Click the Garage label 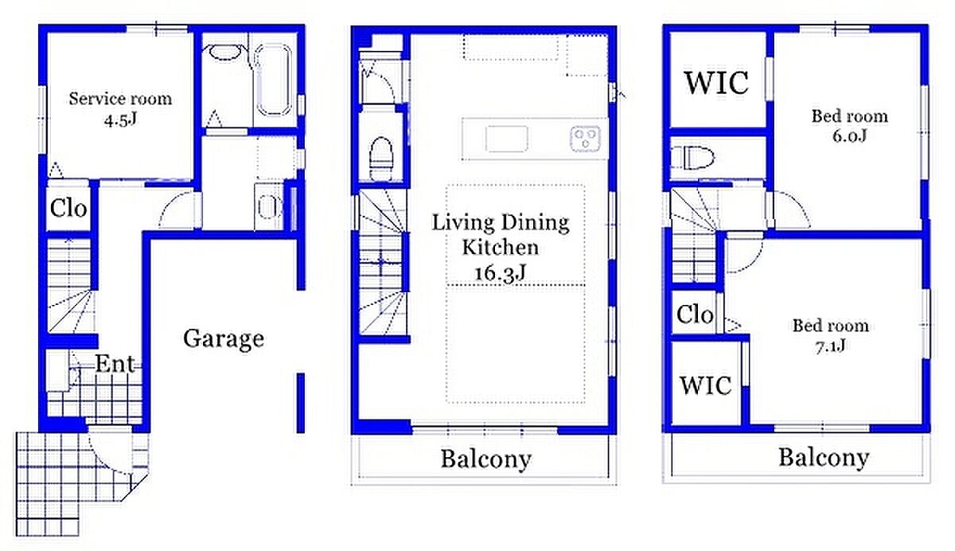[224, 340]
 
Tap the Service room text [121, 99]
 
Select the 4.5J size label [121, 120]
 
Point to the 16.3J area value [500, 273]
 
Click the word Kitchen [500, 248]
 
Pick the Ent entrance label [115, 364]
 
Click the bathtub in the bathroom [273, 80]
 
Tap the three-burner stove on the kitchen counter [585, 139]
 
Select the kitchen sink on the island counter [506, 139]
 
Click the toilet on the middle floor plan [380, 157]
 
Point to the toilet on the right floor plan [692, 158]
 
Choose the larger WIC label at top [717, 83]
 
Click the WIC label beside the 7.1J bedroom [705, 385]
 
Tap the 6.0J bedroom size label [849, 136]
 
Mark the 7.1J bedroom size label [831, 346]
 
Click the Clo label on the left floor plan [68, 209]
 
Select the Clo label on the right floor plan [695, 315]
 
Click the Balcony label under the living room [486, 459]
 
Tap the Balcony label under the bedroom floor [824, 458]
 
